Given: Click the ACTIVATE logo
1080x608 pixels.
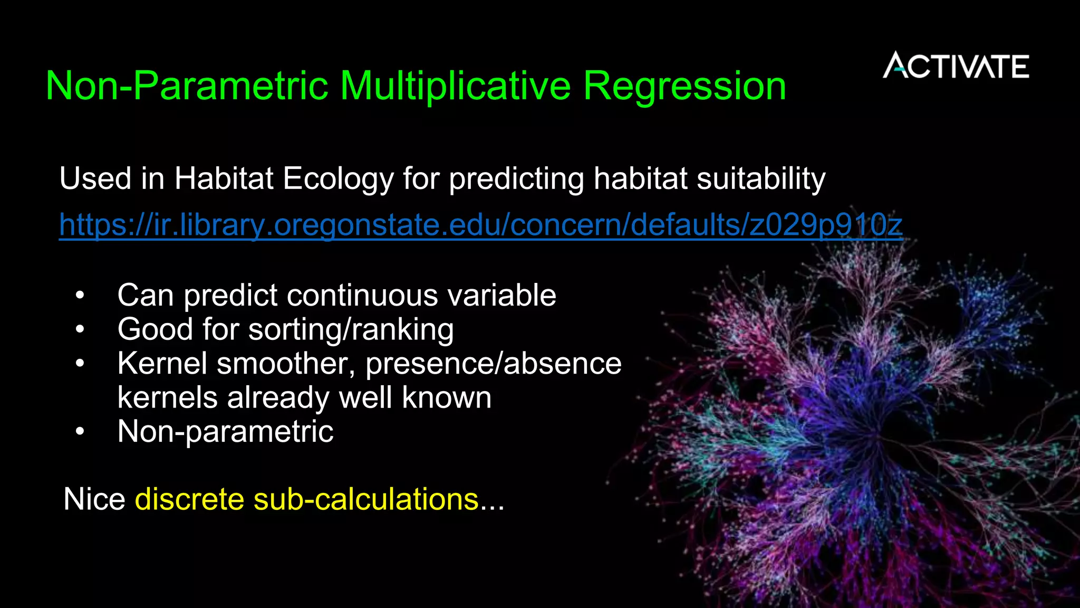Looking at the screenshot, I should [956, 66].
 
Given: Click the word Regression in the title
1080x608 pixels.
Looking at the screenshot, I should [684, 86].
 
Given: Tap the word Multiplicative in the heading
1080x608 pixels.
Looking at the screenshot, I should [455, 86].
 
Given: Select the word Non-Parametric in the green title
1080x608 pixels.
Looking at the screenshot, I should [187, 86].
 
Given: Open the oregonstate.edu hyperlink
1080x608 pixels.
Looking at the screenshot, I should [480, 225].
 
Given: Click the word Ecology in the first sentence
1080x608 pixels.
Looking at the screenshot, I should [338, 178].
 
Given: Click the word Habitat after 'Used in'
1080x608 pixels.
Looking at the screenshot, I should [224, 178].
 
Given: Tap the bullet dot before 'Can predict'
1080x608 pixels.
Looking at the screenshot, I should [80, 296].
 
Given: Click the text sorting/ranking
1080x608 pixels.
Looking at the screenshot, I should [351, 330].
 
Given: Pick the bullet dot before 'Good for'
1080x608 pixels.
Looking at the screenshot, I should [80, 330].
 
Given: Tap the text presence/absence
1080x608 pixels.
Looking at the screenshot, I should [493, 364].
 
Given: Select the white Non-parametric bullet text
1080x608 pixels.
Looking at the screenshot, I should [225, 432].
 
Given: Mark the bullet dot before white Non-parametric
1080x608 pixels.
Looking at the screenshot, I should [80, 432].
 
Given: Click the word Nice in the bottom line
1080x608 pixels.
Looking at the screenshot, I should [94, 499].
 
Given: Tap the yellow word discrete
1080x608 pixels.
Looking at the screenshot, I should [189, 499].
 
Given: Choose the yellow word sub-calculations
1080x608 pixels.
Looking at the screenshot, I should [365, 499].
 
